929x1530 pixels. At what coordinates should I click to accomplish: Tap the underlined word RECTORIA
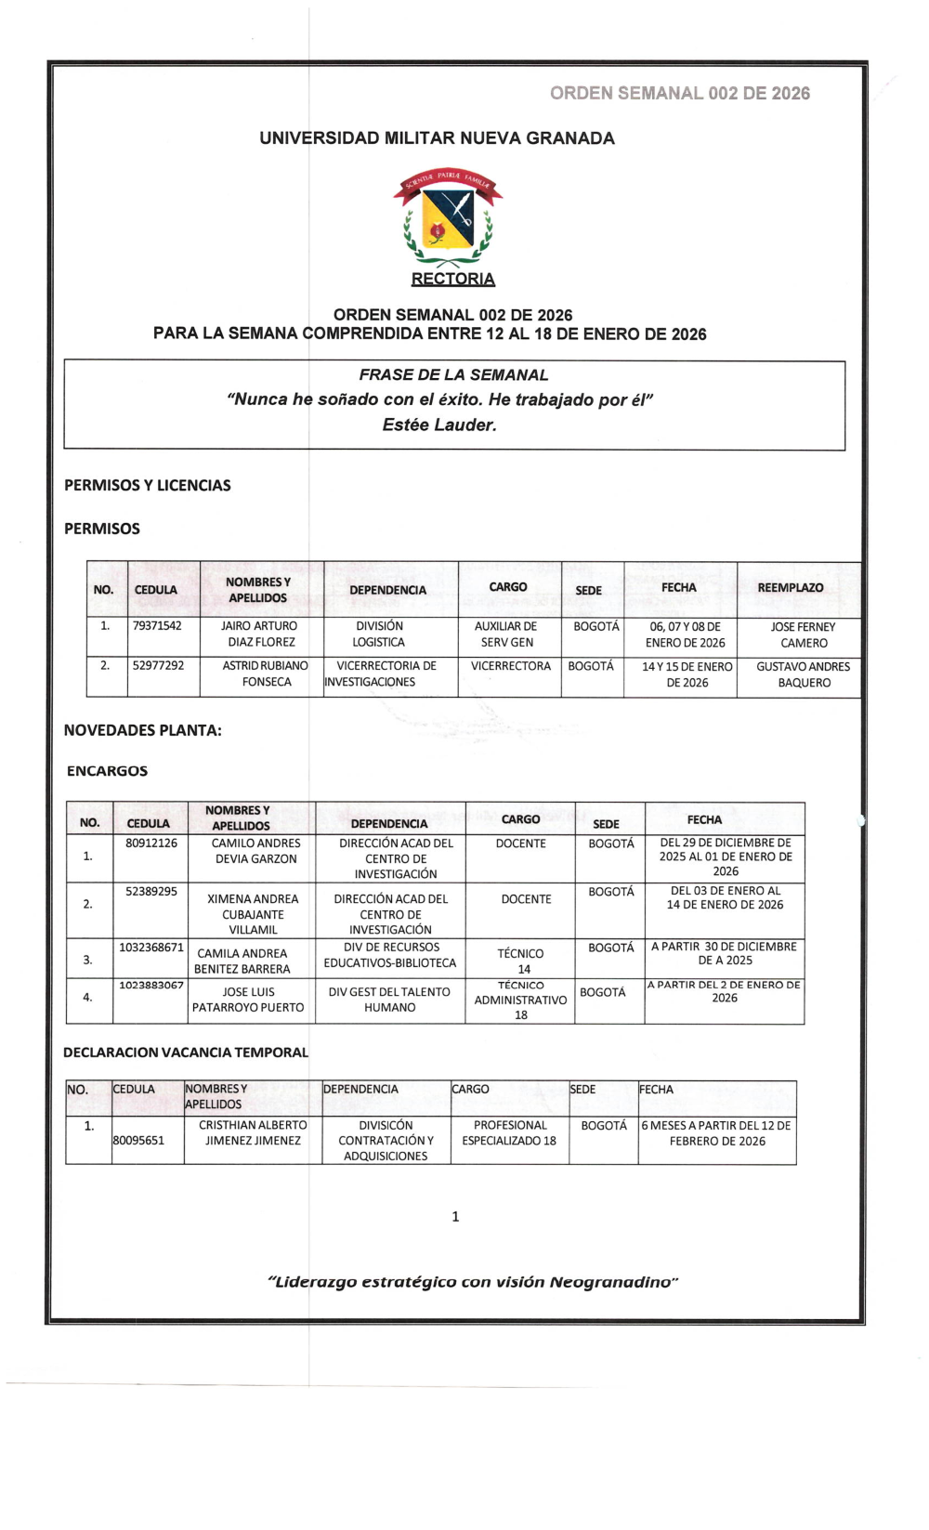[453, 279]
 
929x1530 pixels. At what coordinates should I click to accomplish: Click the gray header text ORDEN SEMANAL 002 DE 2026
[679, 93]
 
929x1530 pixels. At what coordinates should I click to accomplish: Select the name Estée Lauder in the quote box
[439, 425]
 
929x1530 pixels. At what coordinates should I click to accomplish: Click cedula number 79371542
[157, 626]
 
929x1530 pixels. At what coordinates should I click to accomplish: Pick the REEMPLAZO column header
[791, 588]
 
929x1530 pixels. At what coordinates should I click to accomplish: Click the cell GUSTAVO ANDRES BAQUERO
[804, 674]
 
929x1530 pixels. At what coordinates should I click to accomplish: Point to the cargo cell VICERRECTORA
[510, 666]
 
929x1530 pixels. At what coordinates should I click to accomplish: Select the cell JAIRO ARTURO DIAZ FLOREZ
[259, 634]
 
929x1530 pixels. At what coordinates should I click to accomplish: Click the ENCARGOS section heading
[107, 771]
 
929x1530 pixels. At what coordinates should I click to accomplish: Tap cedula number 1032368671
[151, 948]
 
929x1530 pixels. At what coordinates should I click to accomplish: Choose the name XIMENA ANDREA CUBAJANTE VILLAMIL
[253, 914]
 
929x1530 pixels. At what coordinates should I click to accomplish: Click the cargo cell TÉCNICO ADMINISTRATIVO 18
[520, 1000]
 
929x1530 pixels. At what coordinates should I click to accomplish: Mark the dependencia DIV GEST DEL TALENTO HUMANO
[389, 1000]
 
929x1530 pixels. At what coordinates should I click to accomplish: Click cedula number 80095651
[138, 1140]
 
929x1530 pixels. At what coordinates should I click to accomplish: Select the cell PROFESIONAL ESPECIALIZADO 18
[509, 1132]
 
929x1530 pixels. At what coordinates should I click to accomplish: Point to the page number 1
[455, 1217]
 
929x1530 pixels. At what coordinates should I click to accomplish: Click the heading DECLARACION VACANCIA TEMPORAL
[186, 1053]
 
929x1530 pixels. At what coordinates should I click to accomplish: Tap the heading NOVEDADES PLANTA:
[142, 730]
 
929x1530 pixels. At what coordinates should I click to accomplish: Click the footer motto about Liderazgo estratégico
[473, 1282]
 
